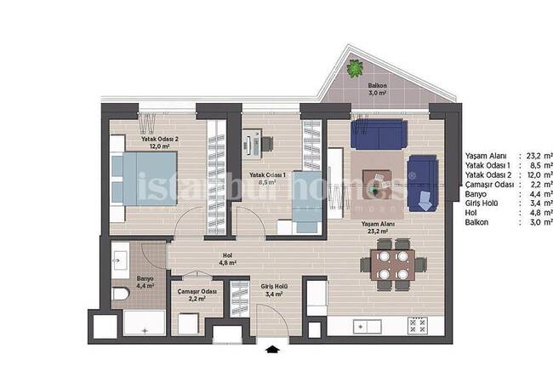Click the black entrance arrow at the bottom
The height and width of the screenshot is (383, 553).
pyautogui.click(x=272, y=347)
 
